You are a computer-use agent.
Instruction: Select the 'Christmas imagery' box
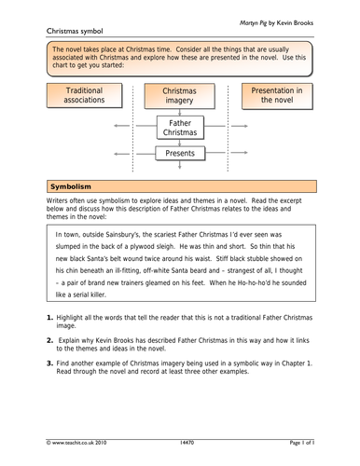[179, 97]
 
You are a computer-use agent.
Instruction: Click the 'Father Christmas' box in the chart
[180, 127]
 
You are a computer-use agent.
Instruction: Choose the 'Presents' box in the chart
[180, 153]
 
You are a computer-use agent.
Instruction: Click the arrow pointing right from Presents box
[240, 153]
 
